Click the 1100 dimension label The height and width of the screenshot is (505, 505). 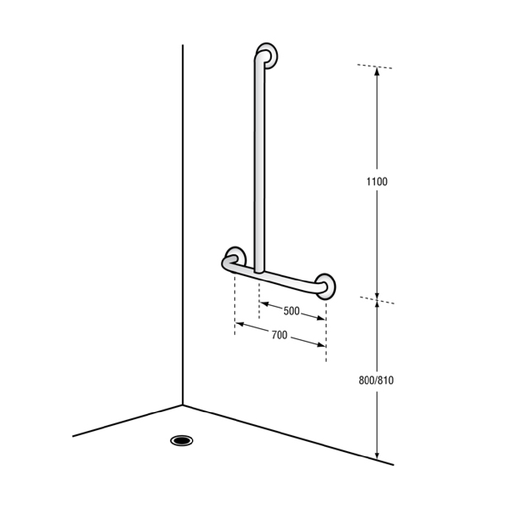pos(377,181)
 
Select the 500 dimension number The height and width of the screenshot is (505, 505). pos(291,311)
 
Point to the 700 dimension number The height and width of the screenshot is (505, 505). pos(279,335)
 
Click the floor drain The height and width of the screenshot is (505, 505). pos(182,440)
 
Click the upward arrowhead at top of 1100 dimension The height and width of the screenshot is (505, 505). pos(377,71)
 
